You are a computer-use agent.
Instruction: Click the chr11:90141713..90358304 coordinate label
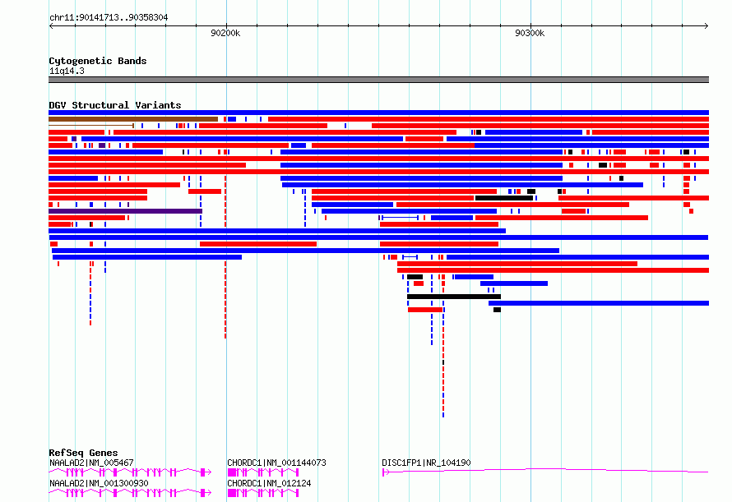click(x=109, y=18)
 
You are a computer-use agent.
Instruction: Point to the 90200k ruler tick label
click(x=225, y=33)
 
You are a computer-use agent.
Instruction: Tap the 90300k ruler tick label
click(x=530, y=33)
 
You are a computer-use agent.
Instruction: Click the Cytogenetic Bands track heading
click(x=98, y=61)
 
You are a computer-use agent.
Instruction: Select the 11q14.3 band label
click(x=67, y=71)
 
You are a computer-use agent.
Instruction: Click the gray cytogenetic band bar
click(x=378, y=80)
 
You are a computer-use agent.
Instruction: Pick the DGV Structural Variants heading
click(x=115, y=105)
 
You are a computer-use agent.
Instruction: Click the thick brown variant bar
click(x=133, y=119)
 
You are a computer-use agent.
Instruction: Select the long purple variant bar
click(x=125, y=211)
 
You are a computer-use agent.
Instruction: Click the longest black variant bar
click(x=454, y=297)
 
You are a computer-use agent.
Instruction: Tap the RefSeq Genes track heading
click(x=83, y=453)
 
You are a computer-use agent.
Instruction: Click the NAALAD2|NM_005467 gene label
click(x=91, y=463)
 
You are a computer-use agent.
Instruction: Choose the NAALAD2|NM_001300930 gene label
click(x=99, y=483)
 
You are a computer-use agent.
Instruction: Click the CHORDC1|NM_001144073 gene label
click(x=277, y=463)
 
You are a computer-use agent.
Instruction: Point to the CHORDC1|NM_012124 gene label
click(x=270, y=483)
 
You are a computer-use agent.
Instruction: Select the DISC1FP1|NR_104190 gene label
click(x=426, y=463)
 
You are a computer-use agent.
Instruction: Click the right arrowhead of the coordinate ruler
click(x=707, y=26)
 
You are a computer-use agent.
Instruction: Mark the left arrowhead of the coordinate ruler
click(x=51, y=26)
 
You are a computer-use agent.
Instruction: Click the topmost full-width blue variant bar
click(x=378, y=113)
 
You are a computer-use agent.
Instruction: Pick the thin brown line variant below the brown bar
click(x=91, y=126)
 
